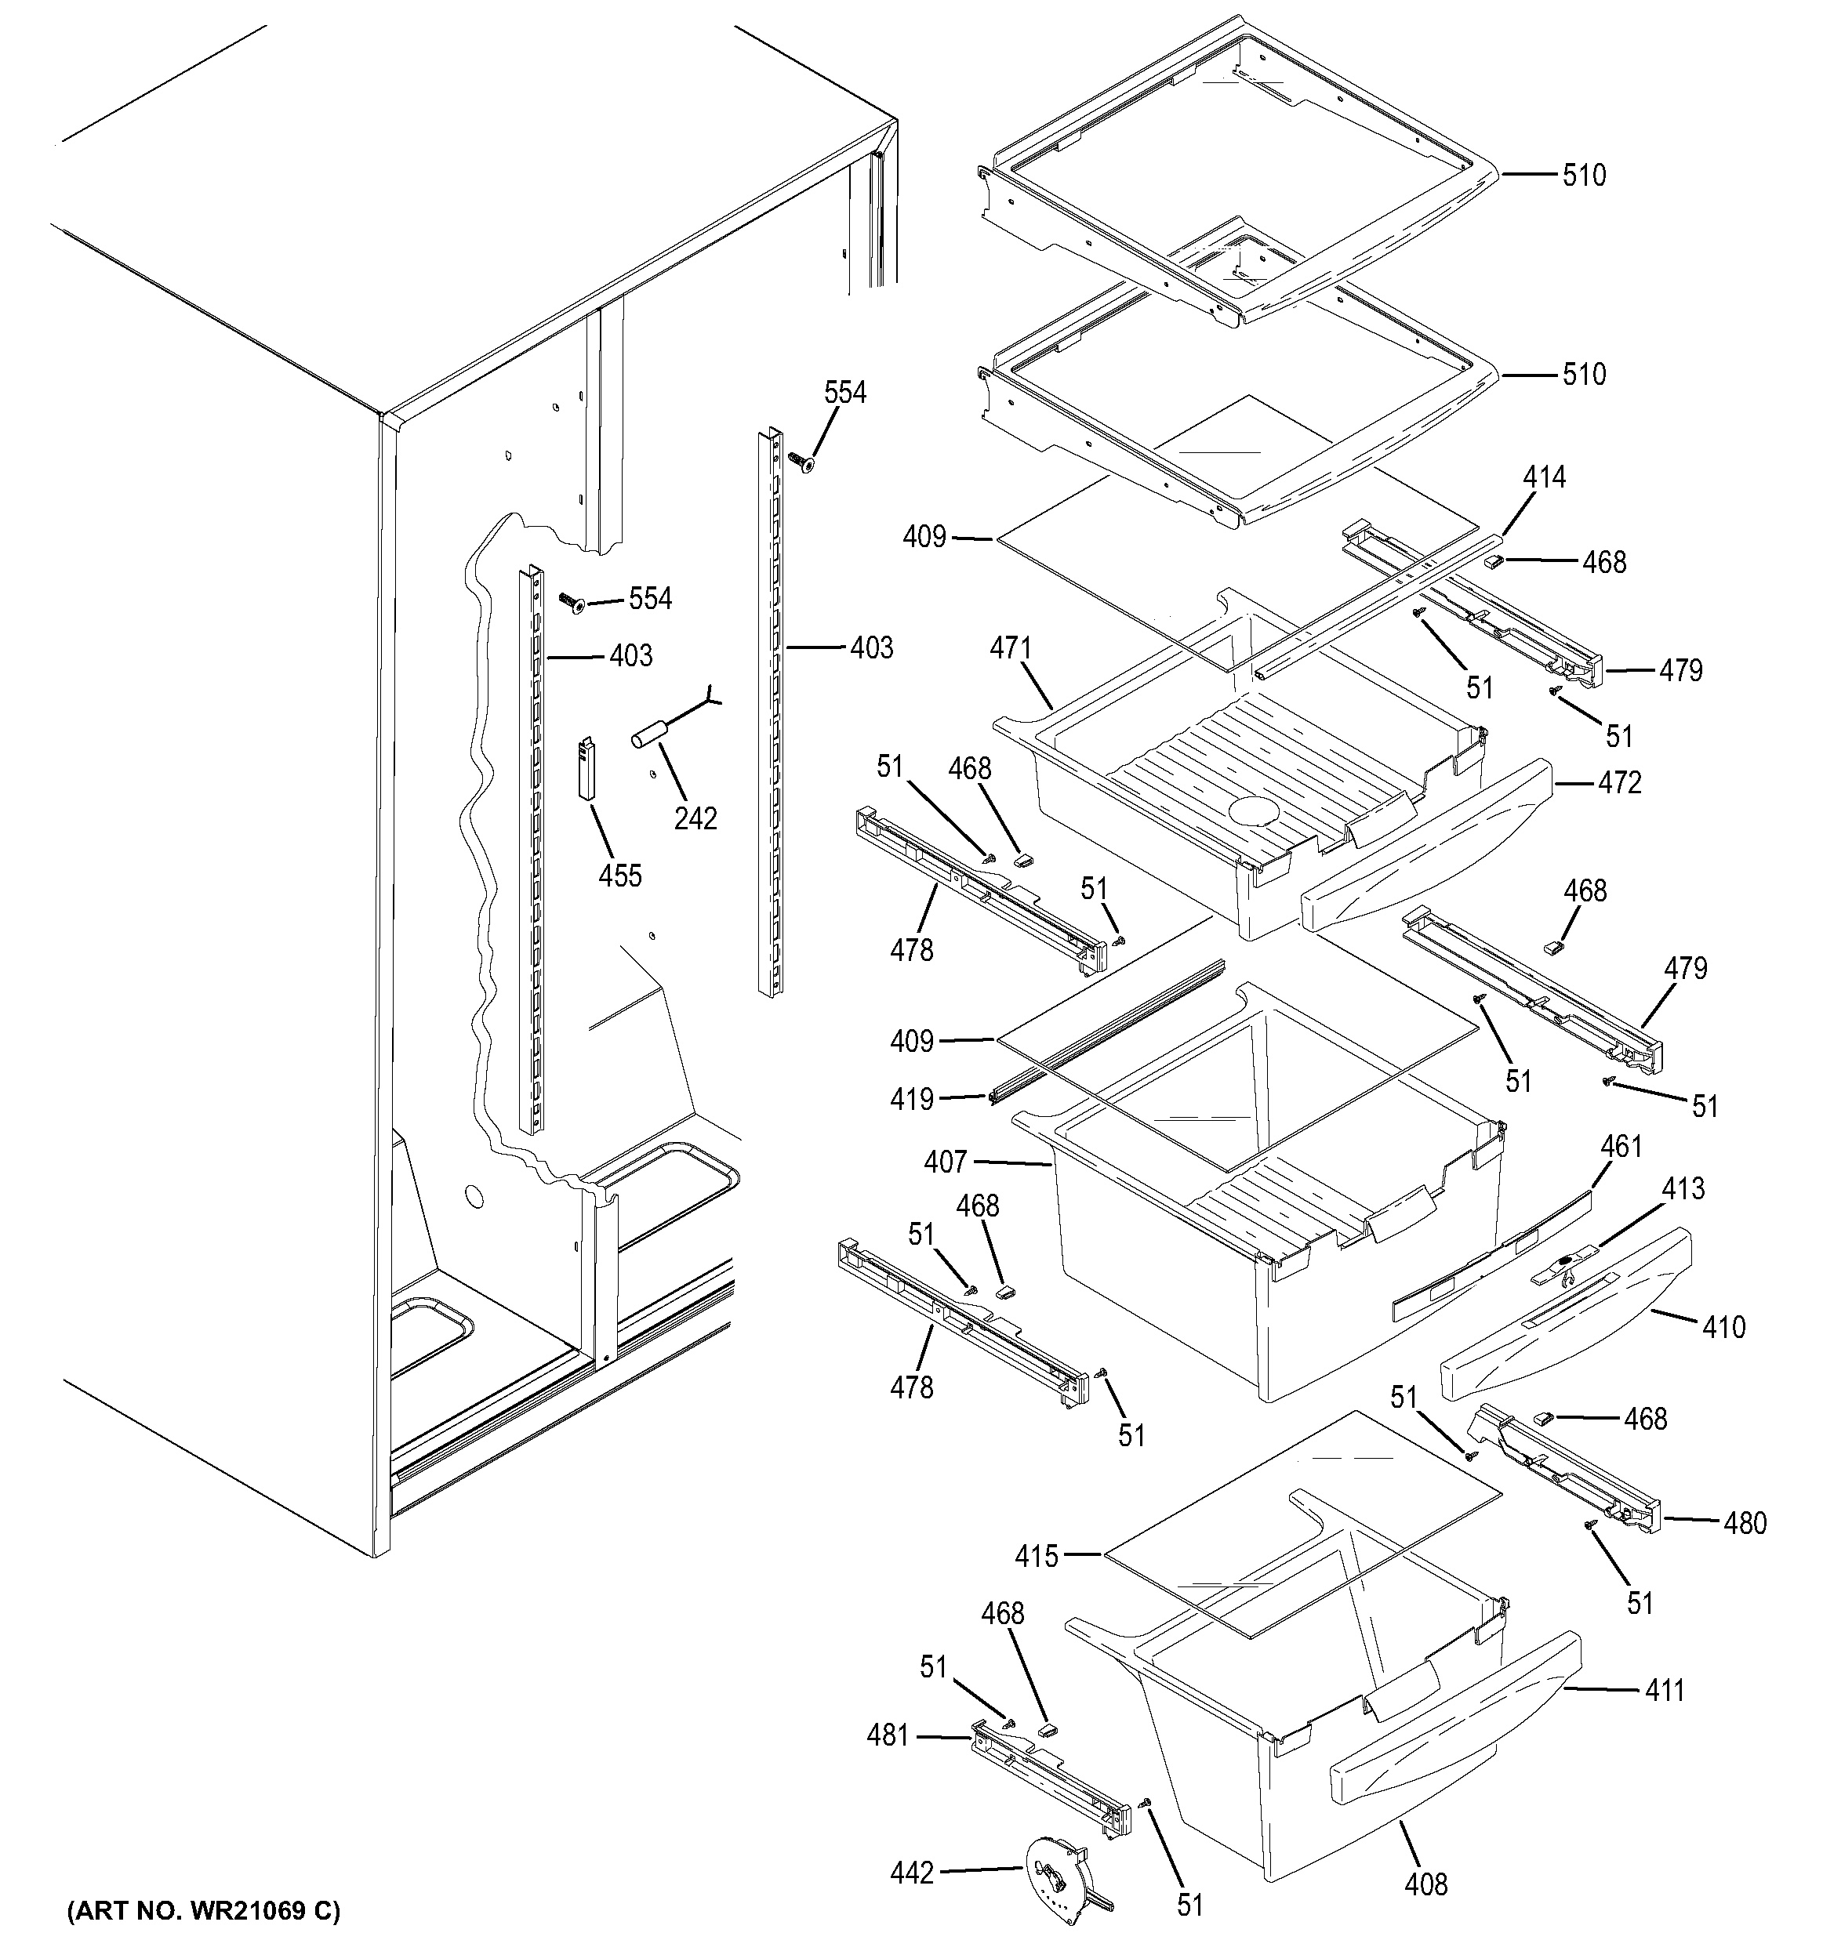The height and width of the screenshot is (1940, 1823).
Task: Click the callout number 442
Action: point(911,1873)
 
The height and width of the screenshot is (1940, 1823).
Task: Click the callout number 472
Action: point(1619,782)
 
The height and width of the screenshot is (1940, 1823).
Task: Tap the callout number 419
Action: point(911,1100)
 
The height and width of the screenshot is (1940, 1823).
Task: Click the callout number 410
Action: point(1723,1327)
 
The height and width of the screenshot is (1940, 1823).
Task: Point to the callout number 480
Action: point(1744,1522)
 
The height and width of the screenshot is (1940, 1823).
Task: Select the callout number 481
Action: point(887,1736)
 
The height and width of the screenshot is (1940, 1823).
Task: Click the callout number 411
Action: point(1664,1690)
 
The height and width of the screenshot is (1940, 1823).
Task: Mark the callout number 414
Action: point(1544,477)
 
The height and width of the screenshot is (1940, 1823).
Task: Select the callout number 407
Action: point(945,1162)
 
